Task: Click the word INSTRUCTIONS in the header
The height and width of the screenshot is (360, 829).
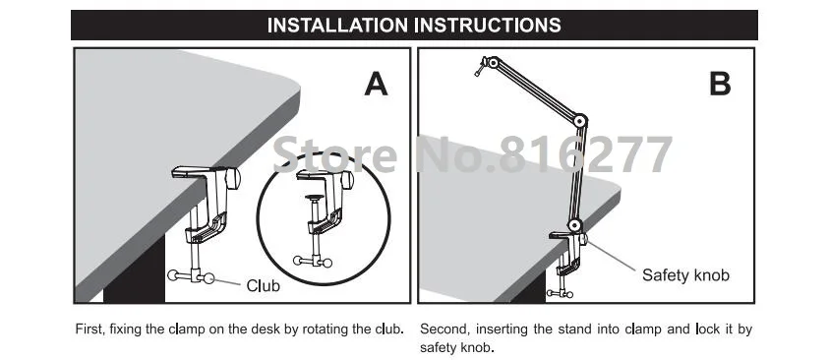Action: click(484, 25)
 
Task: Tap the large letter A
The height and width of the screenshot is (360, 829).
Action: click(376, 84)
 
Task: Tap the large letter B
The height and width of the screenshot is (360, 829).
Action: click(720, 84)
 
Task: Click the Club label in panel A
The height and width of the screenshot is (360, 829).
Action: click(264, 286)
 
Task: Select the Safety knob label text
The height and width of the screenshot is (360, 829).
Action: click(685, 274)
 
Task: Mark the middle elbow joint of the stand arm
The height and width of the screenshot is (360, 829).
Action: click(580, 121)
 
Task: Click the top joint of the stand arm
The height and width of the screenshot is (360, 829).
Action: click(493, 62)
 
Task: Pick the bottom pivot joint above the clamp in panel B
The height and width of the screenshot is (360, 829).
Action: click(574, 225)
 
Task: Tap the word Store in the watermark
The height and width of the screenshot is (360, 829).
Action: click(334, 153)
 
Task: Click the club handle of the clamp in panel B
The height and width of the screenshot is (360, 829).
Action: click(560, 293)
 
